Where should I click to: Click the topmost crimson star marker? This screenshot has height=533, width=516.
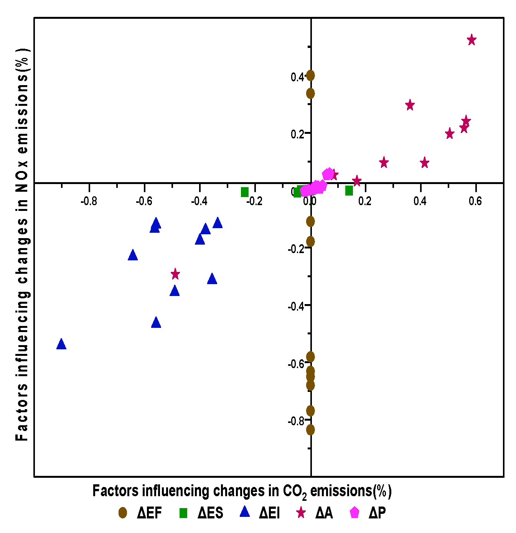tap(471, 40)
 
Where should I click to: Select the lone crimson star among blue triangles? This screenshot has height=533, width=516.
tap(175, 274)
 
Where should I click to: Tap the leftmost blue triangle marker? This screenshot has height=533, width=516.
tap(61, 344)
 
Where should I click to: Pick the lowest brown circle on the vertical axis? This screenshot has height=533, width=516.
tap(310, 430)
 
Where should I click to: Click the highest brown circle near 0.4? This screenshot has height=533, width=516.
tap(310, 76)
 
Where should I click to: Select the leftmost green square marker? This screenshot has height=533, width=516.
tap(245, 192)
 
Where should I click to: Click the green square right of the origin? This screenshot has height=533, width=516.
tap(349, 191)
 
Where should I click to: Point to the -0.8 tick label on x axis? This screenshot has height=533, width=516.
tap(89, 201)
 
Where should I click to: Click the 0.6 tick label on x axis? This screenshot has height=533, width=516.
tap(475, 201)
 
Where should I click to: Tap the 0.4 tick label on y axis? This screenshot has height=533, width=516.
tap(297, 77)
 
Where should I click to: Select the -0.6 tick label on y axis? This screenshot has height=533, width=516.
tap(296, 364)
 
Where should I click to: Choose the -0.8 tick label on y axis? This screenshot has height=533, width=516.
tap(296, 421)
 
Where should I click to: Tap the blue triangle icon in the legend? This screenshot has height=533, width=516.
tap(244, 512)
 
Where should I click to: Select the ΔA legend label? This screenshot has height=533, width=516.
tap(324, 513)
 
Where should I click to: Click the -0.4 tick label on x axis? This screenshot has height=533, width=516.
tap(199, 201)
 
